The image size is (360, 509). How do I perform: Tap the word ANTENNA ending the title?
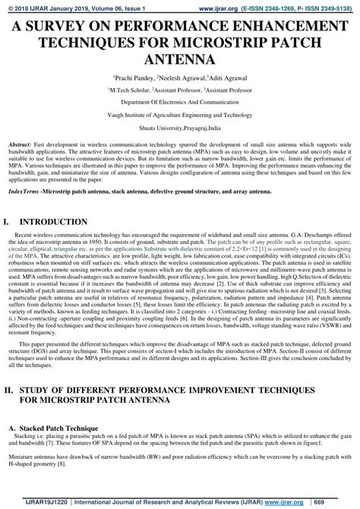[180, 58]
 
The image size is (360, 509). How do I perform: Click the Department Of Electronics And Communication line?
[180, 100]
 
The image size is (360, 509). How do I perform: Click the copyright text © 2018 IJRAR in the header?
[32, 6]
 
